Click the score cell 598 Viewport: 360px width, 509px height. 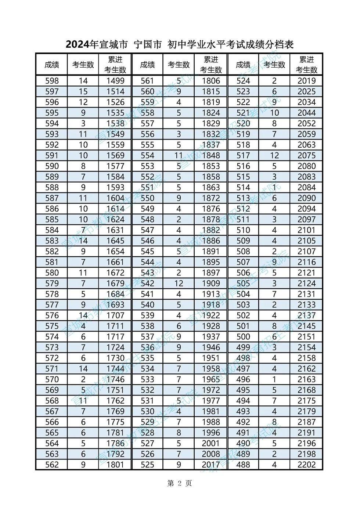coord(52,81)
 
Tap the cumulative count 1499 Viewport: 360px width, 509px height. coord(115,81)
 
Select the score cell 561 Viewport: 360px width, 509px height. coord(147,81)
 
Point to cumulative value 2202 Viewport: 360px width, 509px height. coord(307,465)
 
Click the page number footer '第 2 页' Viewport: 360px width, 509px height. coord(179,483)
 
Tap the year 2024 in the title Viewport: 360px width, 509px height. coord(78,45)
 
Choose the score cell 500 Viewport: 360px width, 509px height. coord(243,337)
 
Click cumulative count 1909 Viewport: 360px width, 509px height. coord(211,284)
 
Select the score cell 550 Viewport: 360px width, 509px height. coord(147,198)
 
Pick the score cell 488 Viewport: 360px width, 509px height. coord(243,465)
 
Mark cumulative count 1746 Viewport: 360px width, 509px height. coord(115,379)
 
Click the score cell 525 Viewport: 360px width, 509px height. coord(147,465)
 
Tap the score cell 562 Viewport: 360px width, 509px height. coord(52,465)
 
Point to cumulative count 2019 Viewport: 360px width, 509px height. coord(307,81)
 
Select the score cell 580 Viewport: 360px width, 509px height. coord(52,273)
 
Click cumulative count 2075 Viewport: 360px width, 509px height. coord(307,155)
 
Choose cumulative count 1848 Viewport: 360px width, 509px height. coord(211,155)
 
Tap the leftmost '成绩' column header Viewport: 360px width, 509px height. coord(52,65)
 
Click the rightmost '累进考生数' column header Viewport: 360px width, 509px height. coord(307,65)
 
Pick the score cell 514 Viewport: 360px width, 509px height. coord(243,188)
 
